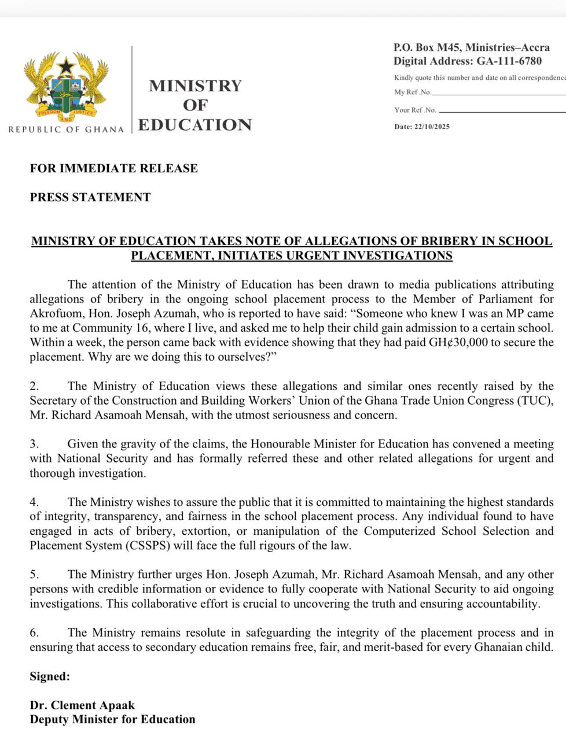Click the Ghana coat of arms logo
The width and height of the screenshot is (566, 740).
[x=66, y=87]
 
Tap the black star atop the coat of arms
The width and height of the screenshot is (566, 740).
[x=66, y=65]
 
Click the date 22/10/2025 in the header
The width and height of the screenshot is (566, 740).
[x=431, y=127]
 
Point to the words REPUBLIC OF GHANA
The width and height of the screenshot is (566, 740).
[x=66, y=129]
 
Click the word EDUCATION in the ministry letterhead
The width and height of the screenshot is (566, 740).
[x=195, y=125]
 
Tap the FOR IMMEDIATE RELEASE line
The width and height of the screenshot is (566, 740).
[x=114, y=168]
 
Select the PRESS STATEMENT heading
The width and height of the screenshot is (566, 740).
[x=90, y=197]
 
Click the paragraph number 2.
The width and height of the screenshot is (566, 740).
[x=34, y=386]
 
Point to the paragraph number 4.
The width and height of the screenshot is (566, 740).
[x=34, y=502]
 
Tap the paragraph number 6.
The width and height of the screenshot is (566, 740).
[x=34, y=632]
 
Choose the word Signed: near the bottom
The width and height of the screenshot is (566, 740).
[x=50, y=676]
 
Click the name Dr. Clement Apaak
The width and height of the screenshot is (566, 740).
[x=82, y=705]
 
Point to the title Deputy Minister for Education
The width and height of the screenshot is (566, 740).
[x=113, y=719]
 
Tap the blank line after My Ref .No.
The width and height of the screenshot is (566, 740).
[x=498, y=94]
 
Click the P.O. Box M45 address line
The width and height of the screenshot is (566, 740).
[x=471, y=47]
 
